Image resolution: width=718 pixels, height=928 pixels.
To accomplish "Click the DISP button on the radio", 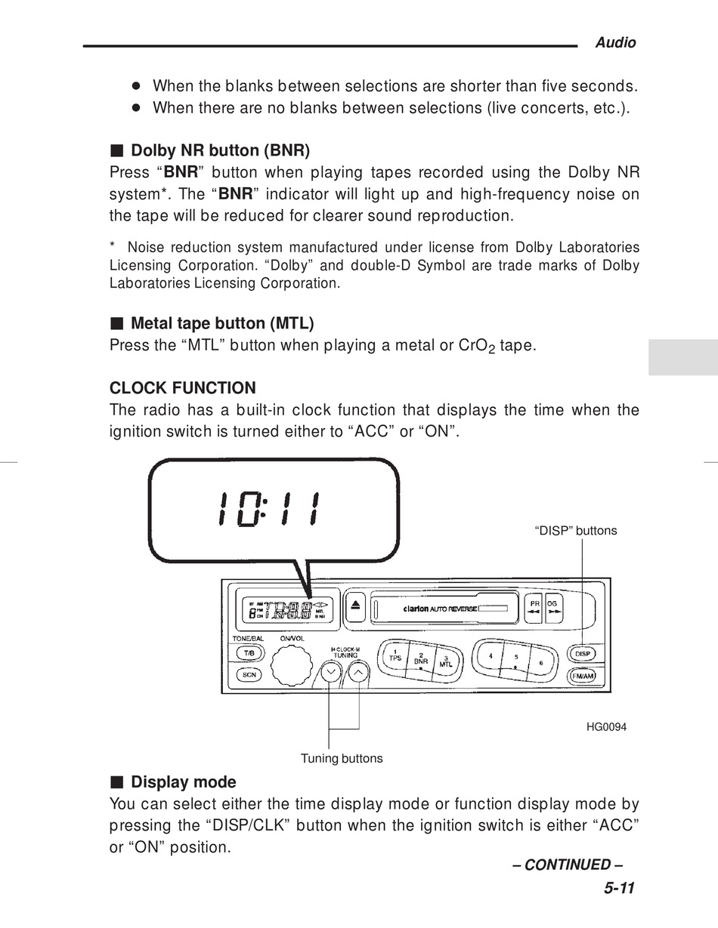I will (x=582, y=653).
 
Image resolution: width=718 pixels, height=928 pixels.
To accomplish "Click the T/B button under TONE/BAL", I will (x=249, y=653).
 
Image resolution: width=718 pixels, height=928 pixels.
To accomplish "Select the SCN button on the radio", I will (x=249, y=675).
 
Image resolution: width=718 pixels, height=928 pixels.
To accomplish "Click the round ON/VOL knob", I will (x=291, y=666).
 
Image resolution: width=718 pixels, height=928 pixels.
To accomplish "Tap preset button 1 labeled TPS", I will (x=395, y=655).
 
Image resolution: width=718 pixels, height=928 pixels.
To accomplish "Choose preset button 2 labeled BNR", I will (x=422, y=658).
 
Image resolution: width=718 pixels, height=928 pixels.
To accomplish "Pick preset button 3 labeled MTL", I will (x=446, y=661).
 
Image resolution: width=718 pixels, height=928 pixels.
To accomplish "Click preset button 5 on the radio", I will (x=515, y=658).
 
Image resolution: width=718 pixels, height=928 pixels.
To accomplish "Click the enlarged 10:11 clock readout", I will (x=268, y=511).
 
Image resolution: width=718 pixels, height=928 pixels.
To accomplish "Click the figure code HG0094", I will (x=606, y=727).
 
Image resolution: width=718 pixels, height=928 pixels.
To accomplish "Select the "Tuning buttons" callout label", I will (x=342, y=758).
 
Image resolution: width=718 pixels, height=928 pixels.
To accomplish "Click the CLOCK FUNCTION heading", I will (x=183, y=388).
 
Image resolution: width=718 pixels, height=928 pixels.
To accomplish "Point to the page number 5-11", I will (x=619, y=888).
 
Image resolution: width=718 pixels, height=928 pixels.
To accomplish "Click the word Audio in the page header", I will (x=615, y=43).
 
